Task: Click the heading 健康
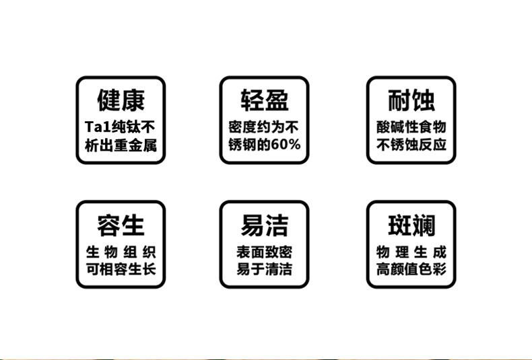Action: [121, 101]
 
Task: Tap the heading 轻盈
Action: [265, 101]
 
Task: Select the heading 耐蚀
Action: [411, 101]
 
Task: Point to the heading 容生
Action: [121, 225]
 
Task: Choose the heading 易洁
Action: [265, 225]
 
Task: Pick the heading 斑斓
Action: [411, 225]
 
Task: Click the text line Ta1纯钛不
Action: [121, 127]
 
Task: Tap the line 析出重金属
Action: [121, 145]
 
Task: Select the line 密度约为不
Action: [265, 127]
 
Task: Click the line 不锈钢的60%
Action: [265, 145]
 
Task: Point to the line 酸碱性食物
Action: [411, 127]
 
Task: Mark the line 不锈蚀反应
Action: [411, 145]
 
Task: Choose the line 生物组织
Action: [121, 253]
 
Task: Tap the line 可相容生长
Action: [121, 271]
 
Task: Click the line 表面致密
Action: [265, 253]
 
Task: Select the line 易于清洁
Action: [265, 271]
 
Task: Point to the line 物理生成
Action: [411, 253]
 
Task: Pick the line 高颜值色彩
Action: [411, 271]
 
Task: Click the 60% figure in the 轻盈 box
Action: [287, 145]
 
